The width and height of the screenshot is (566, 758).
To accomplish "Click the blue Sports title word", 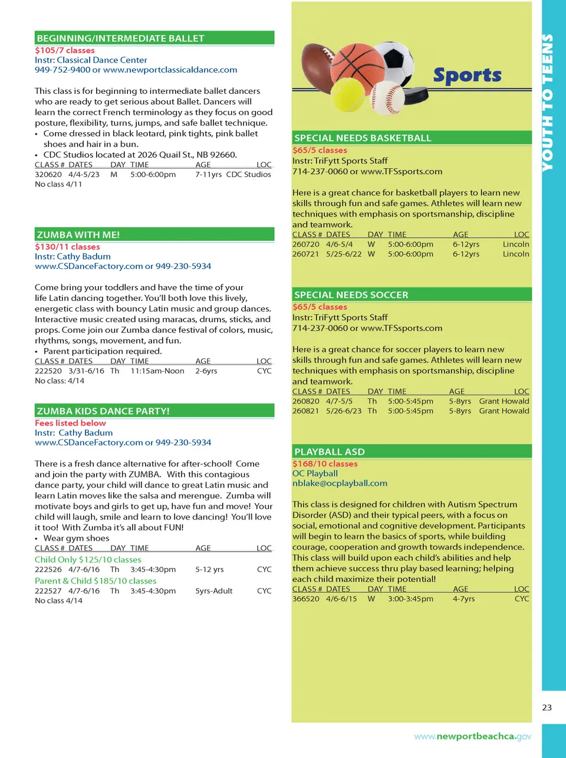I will point(467,76).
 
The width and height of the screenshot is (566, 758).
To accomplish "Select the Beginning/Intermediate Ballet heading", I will point(120,38).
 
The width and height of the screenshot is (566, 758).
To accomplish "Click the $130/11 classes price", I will point(67,247).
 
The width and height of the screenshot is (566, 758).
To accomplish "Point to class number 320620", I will point(48,175).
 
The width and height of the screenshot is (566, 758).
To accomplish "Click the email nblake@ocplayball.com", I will point(340,483).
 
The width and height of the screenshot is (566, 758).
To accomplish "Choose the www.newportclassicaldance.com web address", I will point(170,70).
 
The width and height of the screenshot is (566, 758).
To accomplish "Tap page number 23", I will point(547,707).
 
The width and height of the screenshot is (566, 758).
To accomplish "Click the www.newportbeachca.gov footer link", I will point(472,736).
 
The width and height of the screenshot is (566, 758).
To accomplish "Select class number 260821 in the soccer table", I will point(305,411).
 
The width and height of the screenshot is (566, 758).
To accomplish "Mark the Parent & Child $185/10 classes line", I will point(96,581).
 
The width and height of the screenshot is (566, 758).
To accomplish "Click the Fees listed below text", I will point(70,423).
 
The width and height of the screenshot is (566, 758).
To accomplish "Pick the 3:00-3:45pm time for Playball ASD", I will point(410,599).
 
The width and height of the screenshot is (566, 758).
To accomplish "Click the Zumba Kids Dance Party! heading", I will point(103,411).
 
